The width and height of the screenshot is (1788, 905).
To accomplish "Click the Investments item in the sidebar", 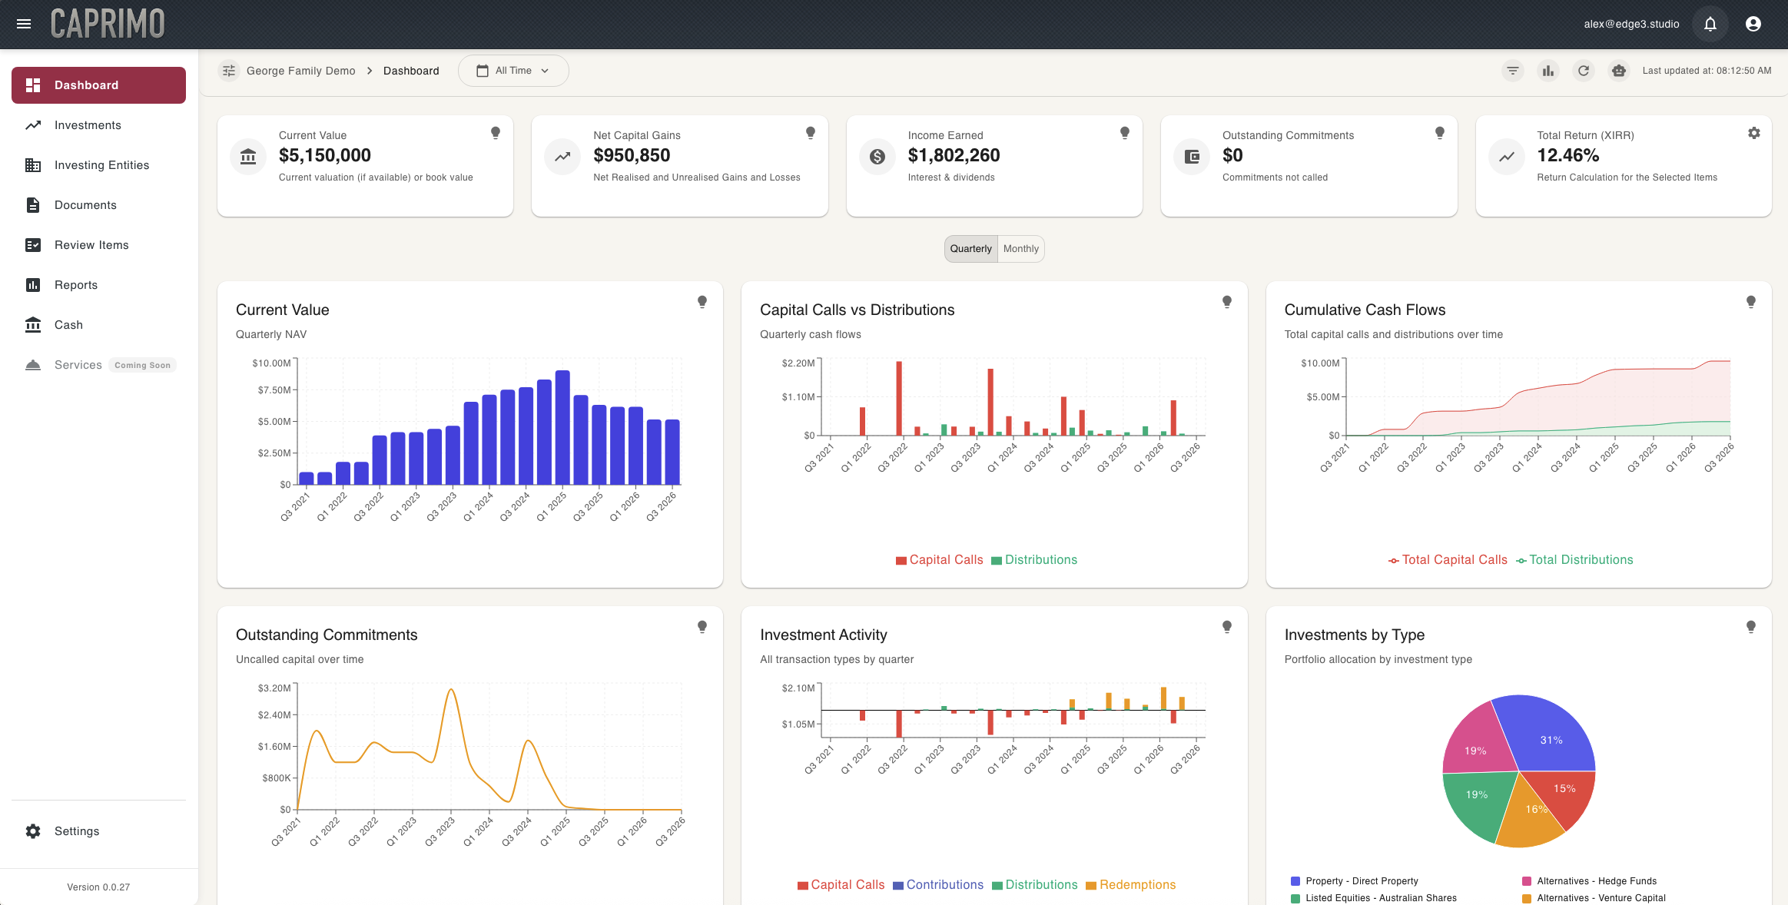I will coord(87,125).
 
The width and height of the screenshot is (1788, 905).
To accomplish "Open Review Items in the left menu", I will coord(91,245).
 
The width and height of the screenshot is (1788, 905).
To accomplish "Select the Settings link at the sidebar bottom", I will coord(76,831).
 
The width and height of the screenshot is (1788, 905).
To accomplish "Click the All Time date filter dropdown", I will coord(513,71).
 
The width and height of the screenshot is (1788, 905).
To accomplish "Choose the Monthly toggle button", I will coord(1020,249).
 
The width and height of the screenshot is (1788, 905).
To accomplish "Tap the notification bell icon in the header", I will coord(1710,24).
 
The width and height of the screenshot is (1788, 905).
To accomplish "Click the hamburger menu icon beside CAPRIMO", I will coord(24,24).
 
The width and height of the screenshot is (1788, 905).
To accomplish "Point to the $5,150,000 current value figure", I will coord(324,155).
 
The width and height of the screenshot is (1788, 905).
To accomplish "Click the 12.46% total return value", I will coord(1567,155).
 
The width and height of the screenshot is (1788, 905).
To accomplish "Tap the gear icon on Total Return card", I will coord(1753,133).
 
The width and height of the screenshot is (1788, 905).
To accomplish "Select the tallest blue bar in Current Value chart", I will coord(562,427).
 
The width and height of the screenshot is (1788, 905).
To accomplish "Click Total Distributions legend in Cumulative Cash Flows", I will coord(1580,560).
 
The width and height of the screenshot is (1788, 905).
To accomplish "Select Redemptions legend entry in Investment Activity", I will coord(1136,885).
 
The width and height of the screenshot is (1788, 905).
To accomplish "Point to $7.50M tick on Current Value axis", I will coord(274,390).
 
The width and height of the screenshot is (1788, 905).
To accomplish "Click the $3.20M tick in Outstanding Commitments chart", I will coord(274,688).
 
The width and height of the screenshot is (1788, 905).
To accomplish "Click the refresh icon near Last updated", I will coord(1583,71).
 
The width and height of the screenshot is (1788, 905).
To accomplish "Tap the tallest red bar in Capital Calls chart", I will coord(898,398).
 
